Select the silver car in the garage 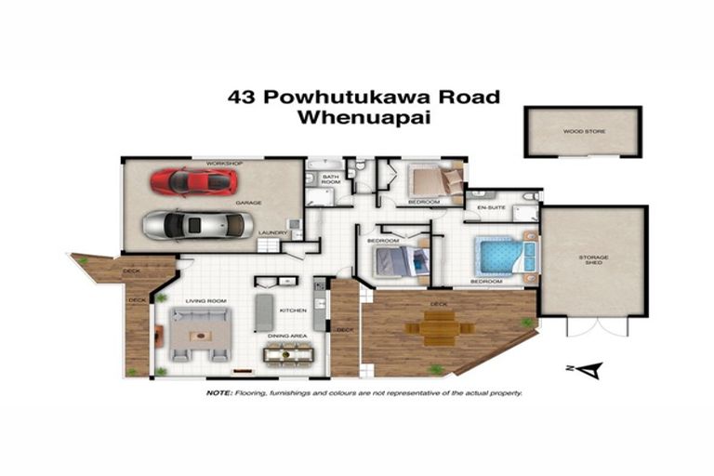195,224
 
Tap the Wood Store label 584,132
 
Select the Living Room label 205,301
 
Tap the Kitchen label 293,311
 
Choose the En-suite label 491,207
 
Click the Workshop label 224,164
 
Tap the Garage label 246,202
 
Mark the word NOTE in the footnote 219,393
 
